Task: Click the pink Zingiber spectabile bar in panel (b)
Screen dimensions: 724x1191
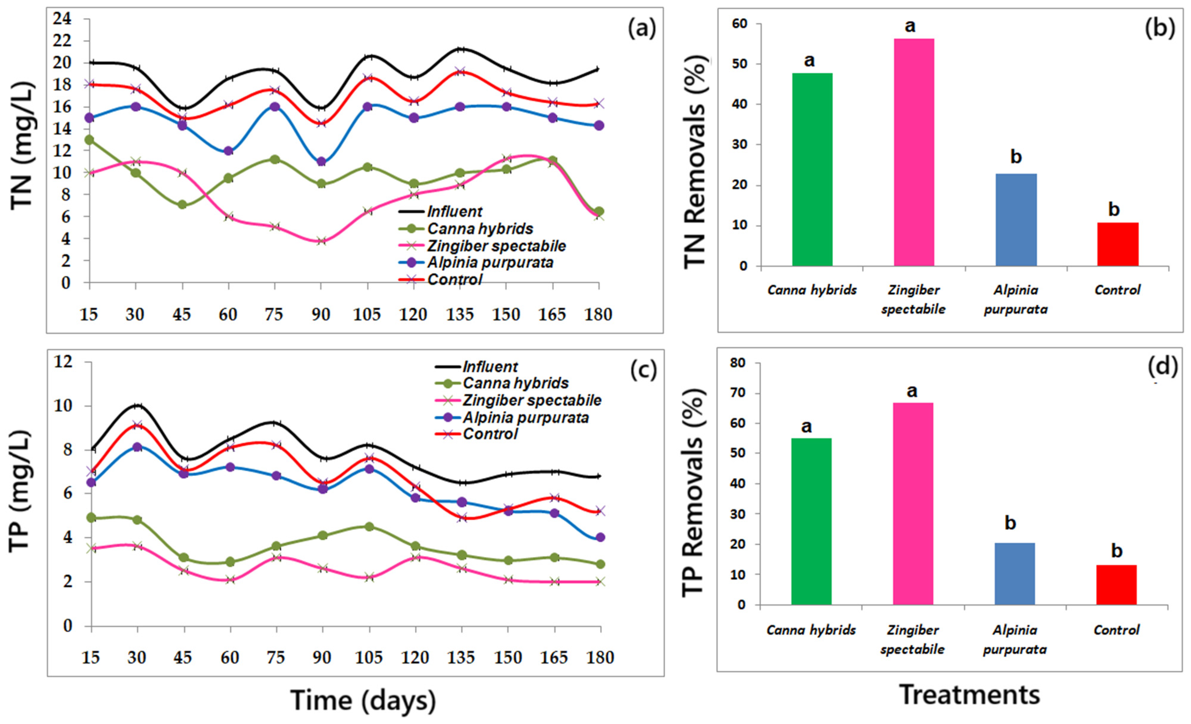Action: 914,152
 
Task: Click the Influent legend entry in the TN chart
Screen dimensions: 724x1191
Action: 454,212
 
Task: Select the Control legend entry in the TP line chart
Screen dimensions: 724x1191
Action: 490,434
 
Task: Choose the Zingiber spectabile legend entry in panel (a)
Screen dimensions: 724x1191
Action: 496,246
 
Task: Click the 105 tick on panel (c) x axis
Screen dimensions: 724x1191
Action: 369,658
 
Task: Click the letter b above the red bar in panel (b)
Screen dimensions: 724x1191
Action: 1114,209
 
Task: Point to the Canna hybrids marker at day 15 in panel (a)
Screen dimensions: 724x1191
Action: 89,140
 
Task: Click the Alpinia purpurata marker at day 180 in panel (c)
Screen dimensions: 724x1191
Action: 600,537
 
